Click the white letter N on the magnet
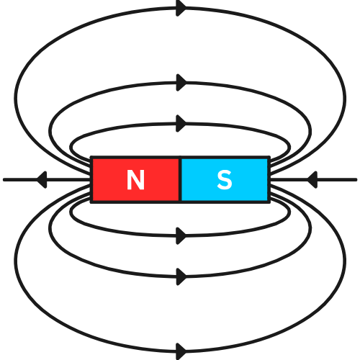tap(135, 179)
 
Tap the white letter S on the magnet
tap(225, 180)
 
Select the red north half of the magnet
tap(135, 179)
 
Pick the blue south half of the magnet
tap(225, 179)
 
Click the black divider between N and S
tap(180, 179)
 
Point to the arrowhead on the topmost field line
tap(181, 9)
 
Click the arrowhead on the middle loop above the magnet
tap(181, 83)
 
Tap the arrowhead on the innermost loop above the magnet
tap(181, 124)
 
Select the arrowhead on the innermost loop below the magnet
tap(181, 236)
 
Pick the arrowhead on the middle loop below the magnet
tap(181, 277)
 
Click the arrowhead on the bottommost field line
tap(181, 351)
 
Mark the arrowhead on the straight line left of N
tap(42, 179)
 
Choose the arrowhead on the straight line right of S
tap(312, 179)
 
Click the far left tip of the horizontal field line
tap(4, 179)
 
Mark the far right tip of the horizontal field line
tap(356, 179)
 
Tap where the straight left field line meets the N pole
tap(90, 179)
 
